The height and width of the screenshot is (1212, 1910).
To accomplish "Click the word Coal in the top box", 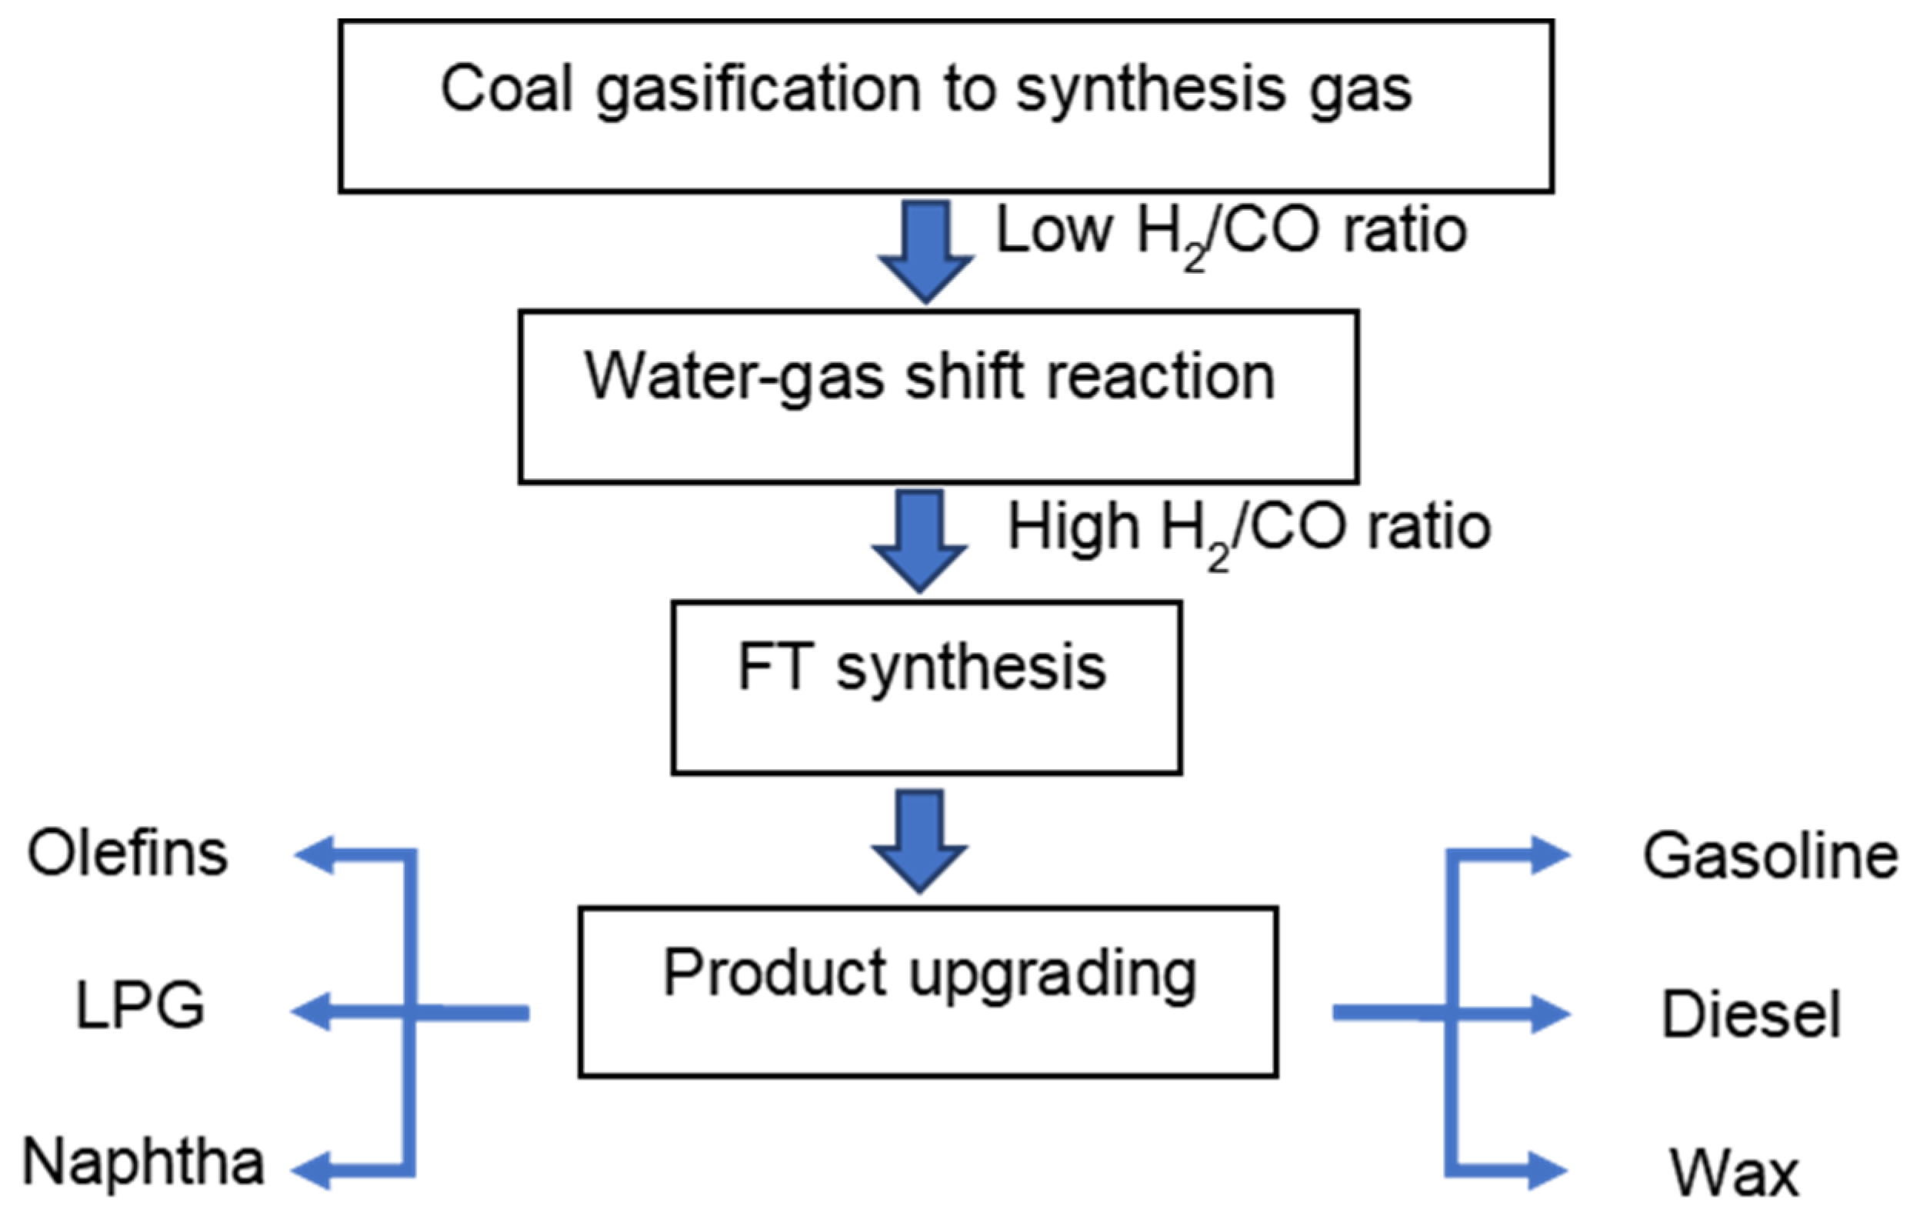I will (505, 89).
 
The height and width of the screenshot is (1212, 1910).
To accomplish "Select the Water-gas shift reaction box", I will (938, 397).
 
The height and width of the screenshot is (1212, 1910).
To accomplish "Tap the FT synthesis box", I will (926, 687).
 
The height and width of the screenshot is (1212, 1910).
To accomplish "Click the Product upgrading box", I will (927, 991).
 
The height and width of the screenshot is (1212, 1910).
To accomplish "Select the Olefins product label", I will (128, 854).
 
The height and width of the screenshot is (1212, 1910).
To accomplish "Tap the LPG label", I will (141, 1005).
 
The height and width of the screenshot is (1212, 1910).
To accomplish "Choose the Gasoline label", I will (1769, 857).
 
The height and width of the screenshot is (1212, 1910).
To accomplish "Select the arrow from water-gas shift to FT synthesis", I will (919, 541).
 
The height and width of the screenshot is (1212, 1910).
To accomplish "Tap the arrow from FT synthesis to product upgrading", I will (919, 841).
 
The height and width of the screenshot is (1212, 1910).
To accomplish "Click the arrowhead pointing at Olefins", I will (314, 855).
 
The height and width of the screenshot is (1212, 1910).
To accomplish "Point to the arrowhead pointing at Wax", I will (1547, 1170).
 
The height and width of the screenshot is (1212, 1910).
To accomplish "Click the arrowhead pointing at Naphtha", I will (312, 1170).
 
